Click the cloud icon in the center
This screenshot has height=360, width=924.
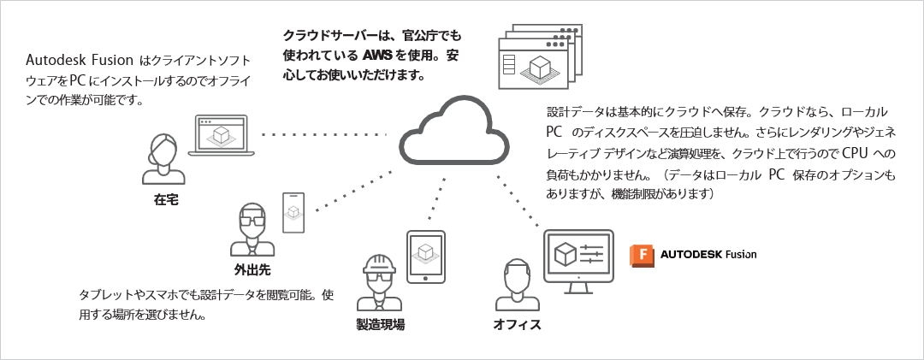coord(453,133)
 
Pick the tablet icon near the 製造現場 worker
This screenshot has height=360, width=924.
coord(426,257)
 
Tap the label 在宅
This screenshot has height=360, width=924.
coord(166,199)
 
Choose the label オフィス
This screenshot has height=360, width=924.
coord(518,325)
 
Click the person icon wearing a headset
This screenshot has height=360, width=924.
coord(163,158)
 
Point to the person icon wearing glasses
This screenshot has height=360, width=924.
coord(253,229)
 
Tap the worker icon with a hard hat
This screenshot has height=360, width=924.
coord(379,282)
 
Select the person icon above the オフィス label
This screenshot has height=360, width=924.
coord(515,286)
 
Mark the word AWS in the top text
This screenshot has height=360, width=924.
coord(376,56)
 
